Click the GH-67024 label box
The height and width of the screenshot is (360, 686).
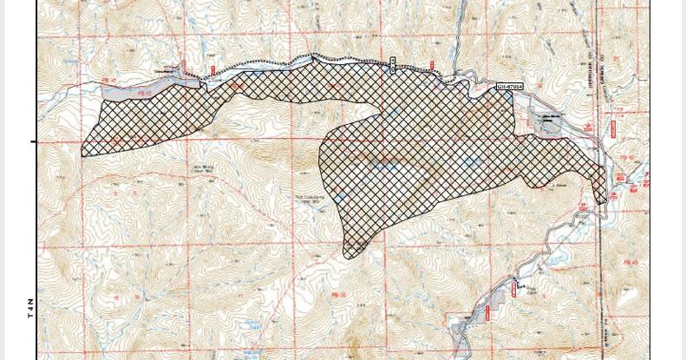(x=510, y=87)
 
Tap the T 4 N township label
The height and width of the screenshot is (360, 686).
(x=29, y=309)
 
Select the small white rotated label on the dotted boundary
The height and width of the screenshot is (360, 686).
(x=392, y=64)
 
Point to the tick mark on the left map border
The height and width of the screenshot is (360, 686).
(x=35, y=142)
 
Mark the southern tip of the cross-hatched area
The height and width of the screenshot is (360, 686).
(x=349, y=258)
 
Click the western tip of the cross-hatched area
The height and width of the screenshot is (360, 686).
(x=82, y=154)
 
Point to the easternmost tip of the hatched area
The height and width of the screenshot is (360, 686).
(x=605, y=196)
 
